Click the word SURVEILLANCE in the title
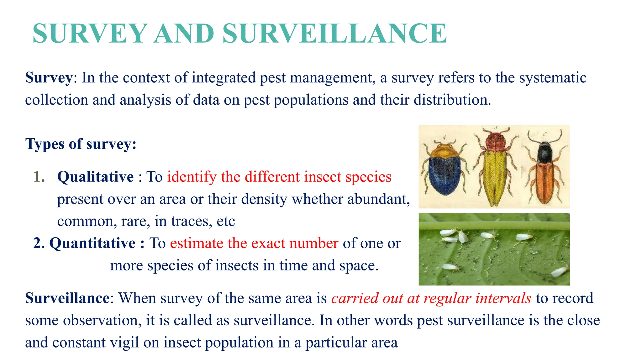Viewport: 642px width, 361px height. (334, 34)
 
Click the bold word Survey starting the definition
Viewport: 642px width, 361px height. (49, 78)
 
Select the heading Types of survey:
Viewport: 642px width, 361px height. (81, 144)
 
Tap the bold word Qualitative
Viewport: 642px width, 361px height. (95, 177)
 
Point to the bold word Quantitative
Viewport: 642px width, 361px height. (92, 243)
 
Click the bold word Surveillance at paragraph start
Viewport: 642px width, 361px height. (67, 298)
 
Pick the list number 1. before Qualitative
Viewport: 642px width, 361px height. (39, 177)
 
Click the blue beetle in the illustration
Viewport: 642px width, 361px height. (445, 170)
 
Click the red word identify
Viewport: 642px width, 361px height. (192, 177)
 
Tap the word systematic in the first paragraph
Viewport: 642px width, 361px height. (553, 78)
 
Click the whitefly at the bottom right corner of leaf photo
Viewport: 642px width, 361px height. (560, 271)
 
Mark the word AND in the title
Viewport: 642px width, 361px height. (184, 34)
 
